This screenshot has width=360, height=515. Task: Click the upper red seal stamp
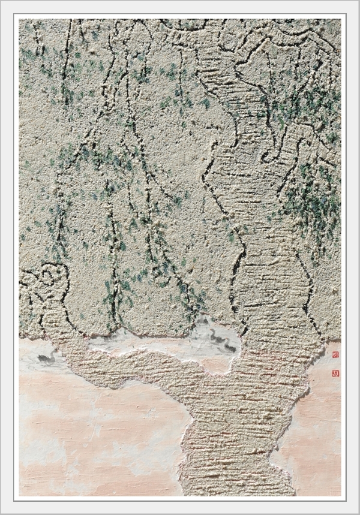point(335,355)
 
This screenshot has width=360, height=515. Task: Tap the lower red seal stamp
point(335,373)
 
